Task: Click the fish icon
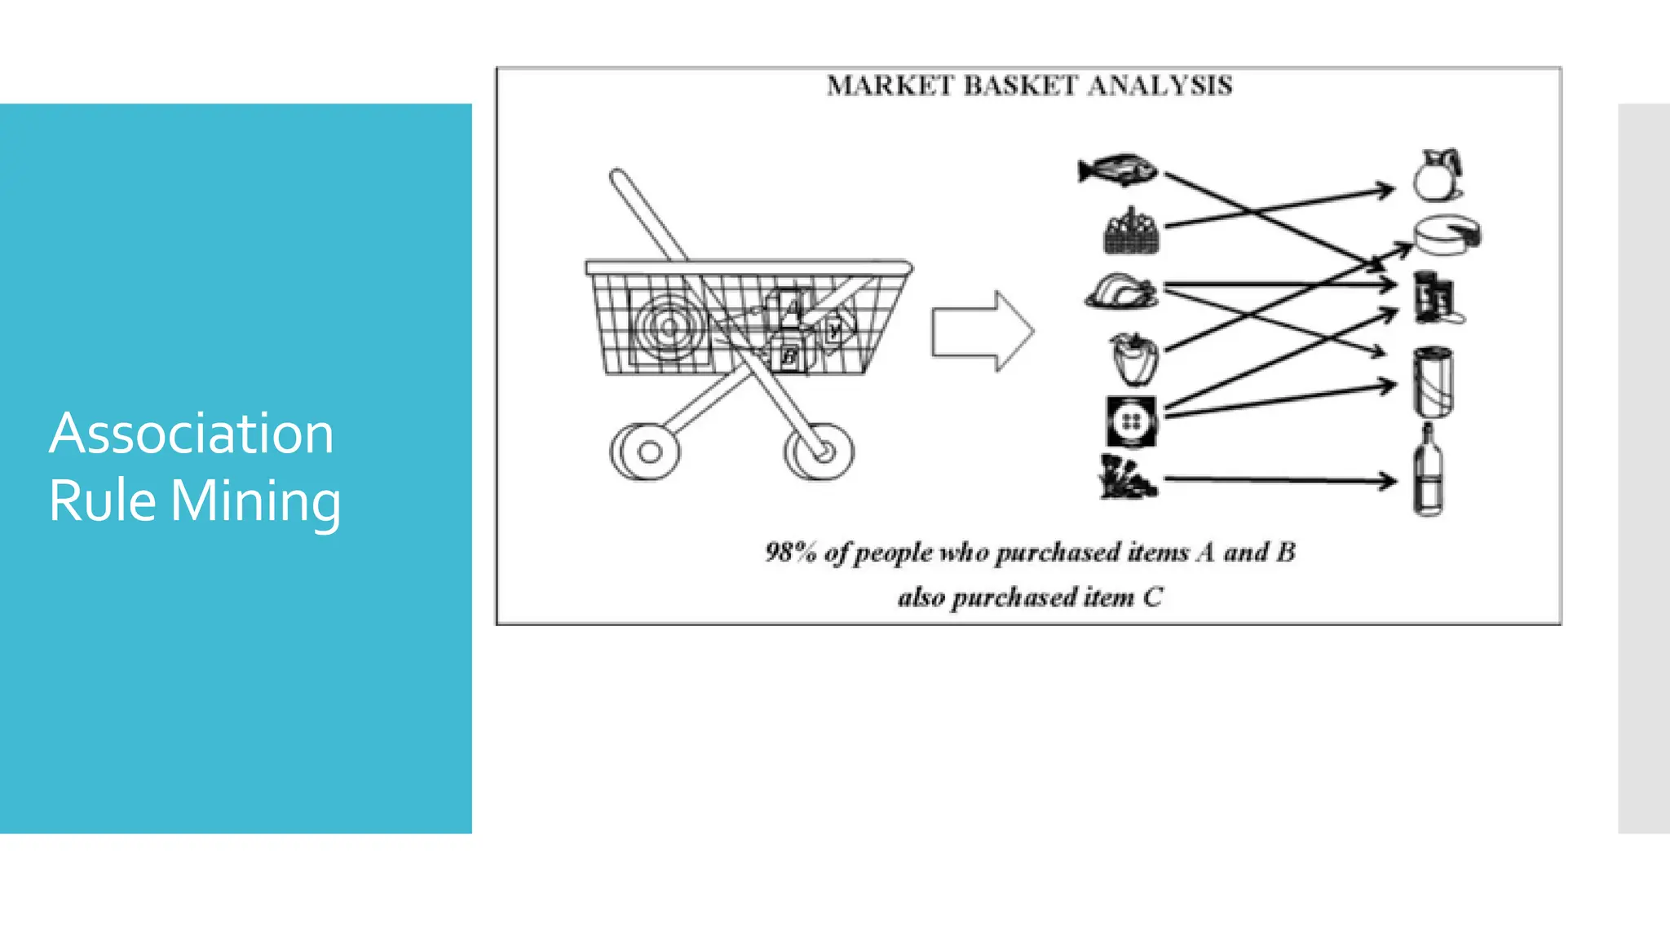coord(1117,170)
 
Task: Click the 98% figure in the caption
coord(790,552)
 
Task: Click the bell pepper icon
coord(1133,358)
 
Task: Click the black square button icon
coord(1131,421)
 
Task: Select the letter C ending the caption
coord(1152,597)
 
